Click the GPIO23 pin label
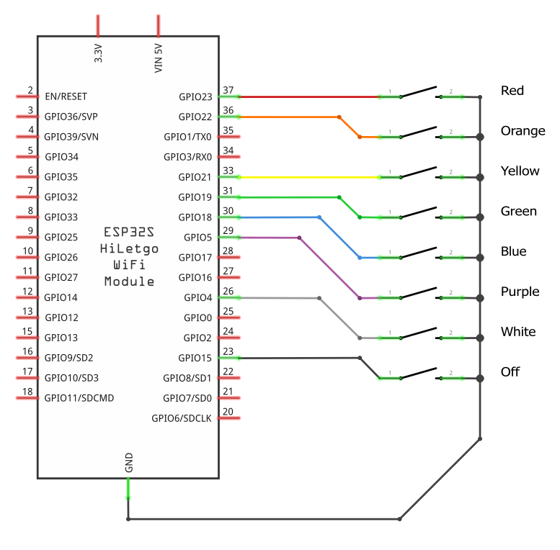(195, 96)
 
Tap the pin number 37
(228, 91)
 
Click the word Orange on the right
(523, 131)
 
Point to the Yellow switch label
(520, 171)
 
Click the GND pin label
(129, 462)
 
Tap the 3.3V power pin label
(99, 54)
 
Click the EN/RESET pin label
(66, 96)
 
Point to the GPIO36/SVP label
(71, 117)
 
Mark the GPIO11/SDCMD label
(79, 397)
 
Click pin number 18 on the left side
(28, 392)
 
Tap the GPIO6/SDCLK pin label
(182, 418)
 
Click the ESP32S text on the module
(129, 233)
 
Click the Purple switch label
(520, 292)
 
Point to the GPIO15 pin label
(195, 358)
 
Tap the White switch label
(518, 332)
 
